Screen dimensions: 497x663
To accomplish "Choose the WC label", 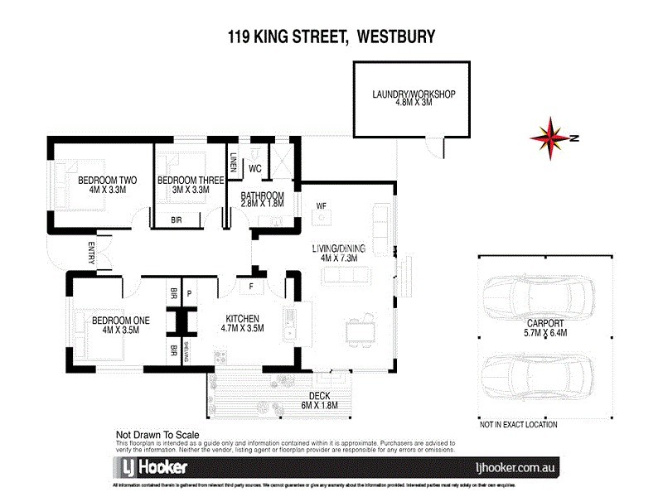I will tap(255, 167).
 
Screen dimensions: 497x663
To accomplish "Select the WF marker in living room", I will tap(322, 205).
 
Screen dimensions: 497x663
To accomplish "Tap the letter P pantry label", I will tap(189, 293).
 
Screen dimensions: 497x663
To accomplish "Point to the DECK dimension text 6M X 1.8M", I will tap(319, 406).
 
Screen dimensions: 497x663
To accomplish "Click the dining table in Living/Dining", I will tap(361, 331).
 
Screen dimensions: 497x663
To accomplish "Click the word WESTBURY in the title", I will tap(395, 36).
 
